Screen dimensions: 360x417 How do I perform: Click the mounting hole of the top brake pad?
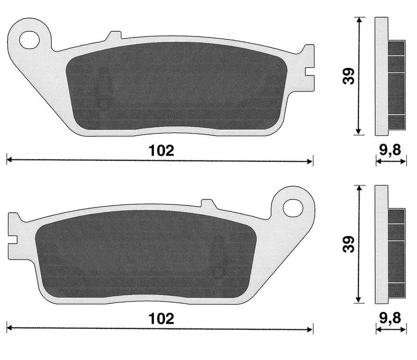click(x=29, y=40)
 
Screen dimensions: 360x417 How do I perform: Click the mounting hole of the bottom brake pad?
click(x=292, y=207)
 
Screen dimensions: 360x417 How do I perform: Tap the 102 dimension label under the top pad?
click(x=160, y=150)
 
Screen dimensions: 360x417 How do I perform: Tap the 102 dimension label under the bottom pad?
click(x=160, y=318)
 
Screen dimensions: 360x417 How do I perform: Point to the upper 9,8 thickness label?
click(x=391, y=150)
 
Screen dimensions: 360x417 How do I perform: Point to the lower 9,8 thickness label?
click(x=391, y=318)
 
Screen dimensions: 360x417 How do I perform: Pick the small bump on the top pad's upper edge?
click(x=114, y=36)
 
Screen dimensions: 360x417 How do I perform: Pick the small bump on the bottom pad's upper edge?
click(x=207, y=204)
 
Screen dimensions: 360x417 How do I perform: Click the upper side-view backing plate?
click(x=381, y=77)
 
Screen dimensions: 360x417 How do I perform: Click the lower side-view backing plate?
click(x=381, y=245)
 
